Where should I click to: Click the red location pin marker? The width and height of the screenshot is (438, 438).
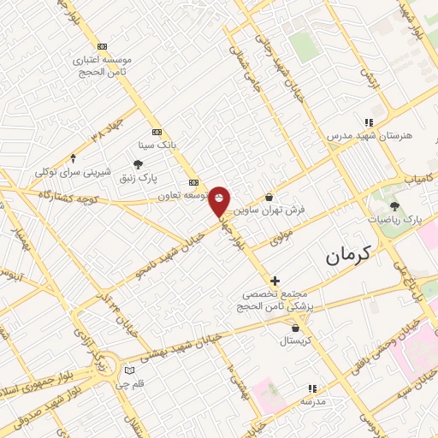[220, 200]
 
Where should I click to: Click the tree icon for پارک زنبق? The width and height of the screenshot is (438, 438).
[139, 164]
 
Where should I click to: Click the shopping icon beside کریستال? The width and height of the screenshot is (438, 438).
[296, 327]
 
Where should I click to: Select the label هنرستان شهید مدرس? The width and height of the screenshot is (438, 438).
[370, 136]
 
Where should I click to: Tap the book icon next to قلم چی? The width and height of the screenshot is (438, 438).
[129, 371]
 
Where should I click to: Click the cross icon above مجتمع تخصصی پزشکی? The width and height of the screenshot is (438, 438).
[275, 281]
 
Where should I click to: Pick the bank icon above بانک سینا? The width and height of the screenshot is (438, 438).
[156, 132]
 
